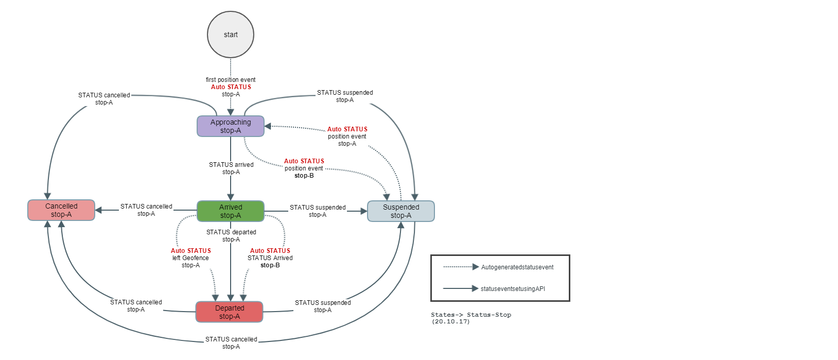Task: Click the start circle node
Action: [x=231, y=35]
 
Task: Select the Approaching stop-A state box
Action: [x=231, y=126]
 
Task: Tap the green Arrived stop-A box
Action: [x=231, y=211]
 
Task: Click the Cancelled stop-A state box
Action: [x=61, y=210]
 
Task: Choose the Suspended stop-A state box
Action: [x=401, y=211]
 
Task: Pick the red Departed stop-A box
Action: [x=230, y=312]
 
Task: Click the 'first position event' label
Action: [x=231, y=80]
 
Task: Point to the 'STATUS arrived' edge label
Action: [x=231, y=165]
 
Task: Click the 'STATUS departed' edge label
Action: [x=231, y=232]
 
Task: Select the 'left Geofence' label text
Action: [x=190, y=258]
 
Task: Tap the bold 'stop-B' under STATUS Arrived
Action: [x=270, y=265]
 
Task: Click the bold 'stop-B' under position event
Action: [x=304, y=176]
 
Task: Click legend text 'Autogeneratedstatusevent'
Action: [x=517, y=267]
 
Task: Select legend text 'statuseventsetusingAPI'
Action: [x=513, y=289]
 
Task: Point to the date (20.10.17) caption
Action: [x=450, y=321]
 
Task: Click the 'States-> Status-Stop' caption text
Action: [x=471, y=315]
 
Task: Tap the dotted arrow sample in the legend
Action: [x=461, y=267]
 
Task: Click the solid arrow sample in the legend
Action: [x=461, y=288]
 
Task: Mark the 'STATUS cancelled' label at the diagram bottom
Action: [x=231, y=339]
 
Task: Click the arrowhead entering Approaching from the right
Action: [x=268, y=126]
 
